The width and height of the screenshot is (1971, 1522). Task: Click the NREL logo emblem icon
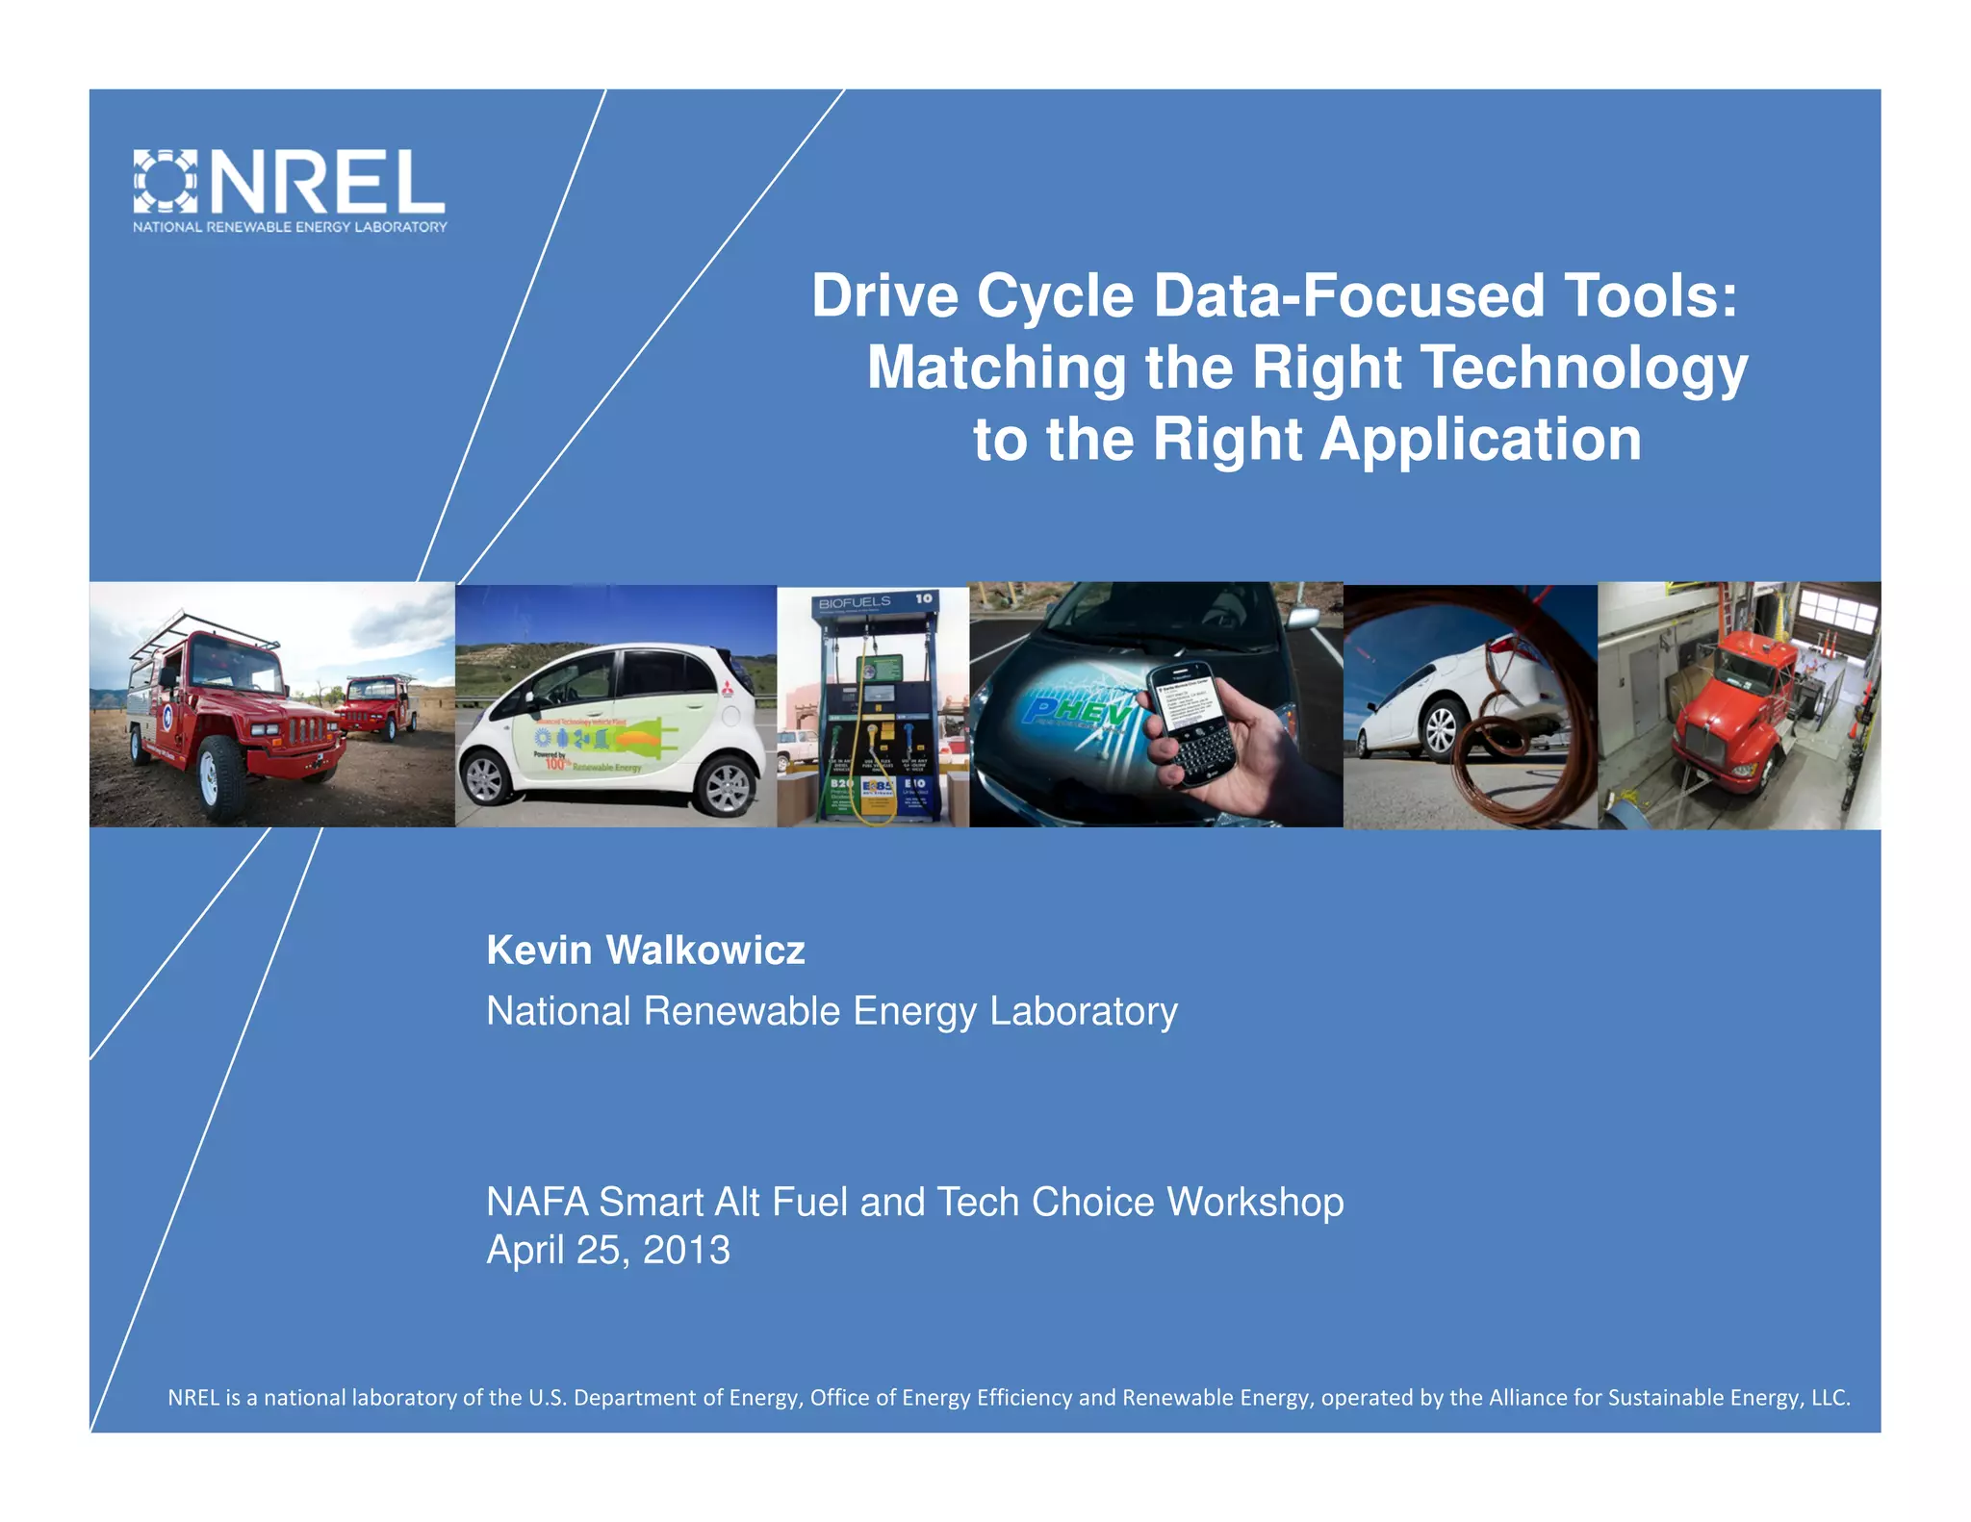165,181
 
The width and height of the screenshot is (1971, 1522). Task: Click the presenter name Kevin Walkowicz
645,951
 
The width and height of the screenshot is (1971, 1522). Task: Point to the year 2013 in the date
686,1250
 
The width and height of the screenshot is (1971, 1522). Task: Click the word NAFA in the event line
537,1203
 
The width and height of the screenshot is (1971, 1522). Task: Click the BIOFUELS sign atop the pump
856,602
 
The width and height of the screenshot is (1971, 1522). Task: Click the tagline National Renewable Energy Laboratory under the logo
290,227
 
